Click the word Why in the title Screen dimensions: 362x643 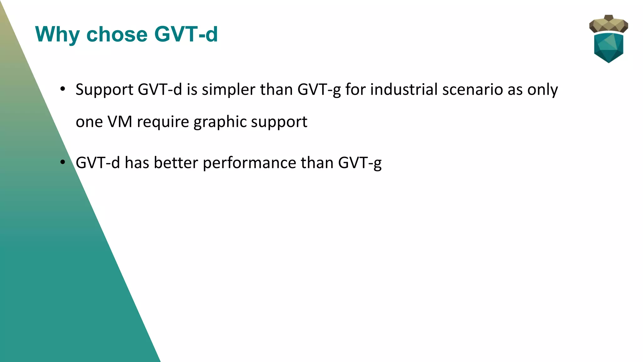(x=57, y=34)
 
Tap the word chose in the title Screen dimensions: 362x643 (x=117, y=34)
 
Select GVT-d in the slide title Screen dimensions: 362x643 (x=186, y=34)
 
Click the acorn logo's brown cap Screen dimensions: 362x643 (x=608, y=24)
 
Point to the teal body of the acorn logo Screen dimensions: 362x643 (x=608, y=47)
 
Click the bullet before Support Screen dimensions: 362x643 (x=63, y=89)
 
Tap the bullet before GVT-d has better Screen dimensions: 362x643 (x=63, y=162)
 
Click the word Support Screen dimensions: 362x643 (x=105, y=90)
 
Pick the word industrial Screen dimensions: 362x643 (x=404, y=90)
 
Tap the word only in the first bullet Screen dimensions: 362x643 (x=543, y=90)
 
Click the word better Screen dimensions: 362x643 (x=176, y=163)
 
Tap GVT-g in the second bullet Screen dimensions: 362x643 (x=360, y=163)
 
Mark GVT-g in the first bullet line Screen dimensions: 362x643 (x=319, y=90)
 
